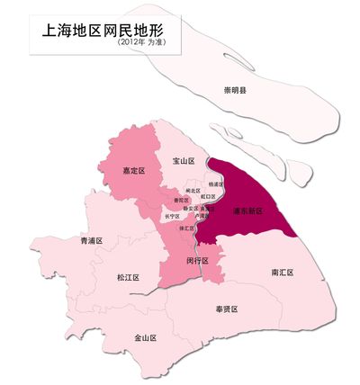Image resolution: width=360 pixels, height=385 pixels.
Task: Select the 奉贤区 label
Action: click(226, 309)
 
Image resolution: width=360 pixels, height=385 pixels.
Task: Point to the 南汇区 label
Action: click(283, 271)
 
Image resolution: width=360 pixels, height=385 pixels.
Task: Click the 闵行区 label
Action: click(197, 261)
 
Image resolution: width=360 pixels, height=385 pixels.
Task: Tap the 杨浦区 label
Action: click(214, 184)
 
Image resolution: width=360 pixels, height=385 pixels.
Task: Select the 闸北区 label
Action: click(193, 191)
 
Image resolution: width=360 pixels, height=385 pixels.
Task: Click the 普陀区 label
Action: click(180, 200)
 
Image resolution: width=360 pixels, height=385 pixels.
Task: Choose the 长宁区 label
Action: click(172, 216)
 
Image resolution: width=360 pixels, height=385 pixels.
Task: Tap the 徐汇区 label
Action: click(187, 228)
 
